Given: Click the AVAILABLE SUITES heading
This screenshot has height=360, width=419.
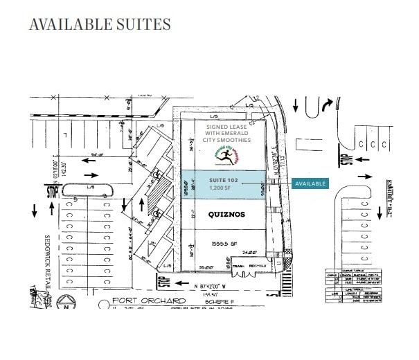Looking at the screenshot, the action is click(100, 24).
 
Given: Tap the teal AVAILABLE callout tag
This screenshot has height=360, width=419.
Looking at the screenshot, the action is click(310, 184).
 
